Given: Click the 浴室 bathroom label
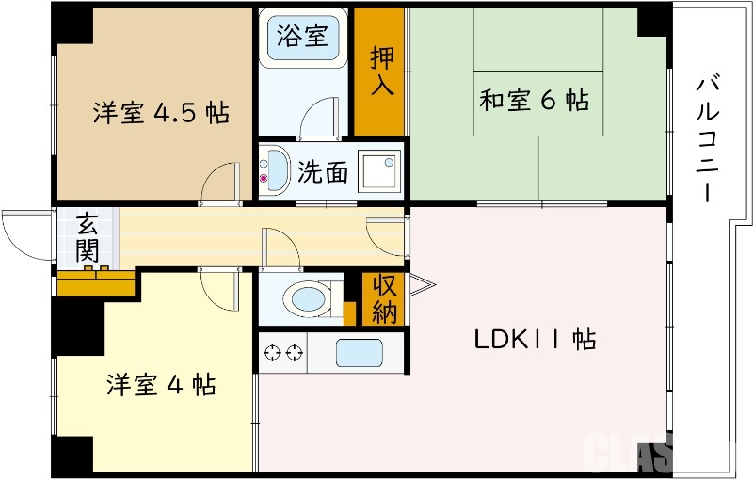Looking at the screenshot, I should (x=303, y=37).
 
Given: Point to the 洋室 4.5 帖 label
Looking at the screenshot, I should (x=160, y=113).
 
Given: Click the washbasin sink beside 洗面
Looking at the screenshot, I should (x=276, y=169).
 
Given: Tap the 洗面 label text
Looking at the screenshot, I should (x=323, y=172).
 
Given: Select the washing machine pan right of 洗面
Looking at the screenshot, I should (x=382, y=170).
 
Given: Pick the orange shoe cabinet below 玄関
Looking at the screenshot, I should (x=96, y=281).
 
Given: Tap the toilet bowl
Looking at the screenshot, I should (x=309, y=300).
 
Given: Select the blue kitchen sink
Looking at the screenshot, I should (x=360, y=354).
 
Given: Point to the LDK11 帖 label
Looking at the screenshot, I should (x=533, y=340).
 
